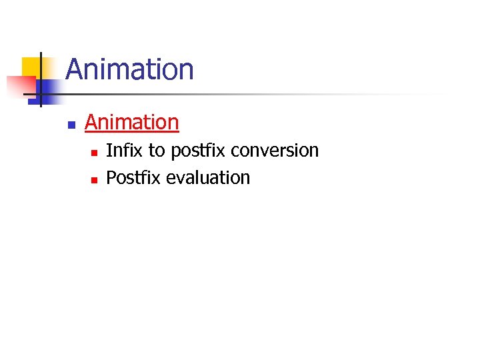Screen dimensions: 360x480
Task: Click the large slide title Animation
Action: [x=129, y=69]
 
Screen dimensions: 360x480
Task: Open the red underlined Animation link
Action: [x=132, y=123]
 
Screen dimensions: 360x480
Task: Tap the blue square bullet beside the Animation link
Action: [x=71, y=125]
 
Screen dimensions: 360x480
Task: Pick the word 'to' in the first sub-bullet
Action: [x=156, y=151]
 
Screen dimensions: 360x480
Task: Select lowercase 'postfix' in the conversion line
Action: [x=198, y=151]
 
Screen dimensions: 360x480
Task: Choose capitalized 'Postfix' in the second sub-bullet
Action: [x=134, y=178]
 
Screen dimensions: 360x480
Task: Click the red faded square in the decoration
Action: [x=20, y=86]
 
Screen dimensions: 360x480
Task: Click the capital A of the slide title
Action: [x=75, y=69]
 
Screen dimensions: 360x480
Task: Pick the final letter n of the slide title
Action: [x=186, y=71]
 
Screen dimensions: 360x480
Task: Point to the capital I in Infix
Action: [x=109, y=151]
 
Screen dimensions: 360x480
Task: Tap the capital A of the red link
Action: [x=91, y=123]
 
